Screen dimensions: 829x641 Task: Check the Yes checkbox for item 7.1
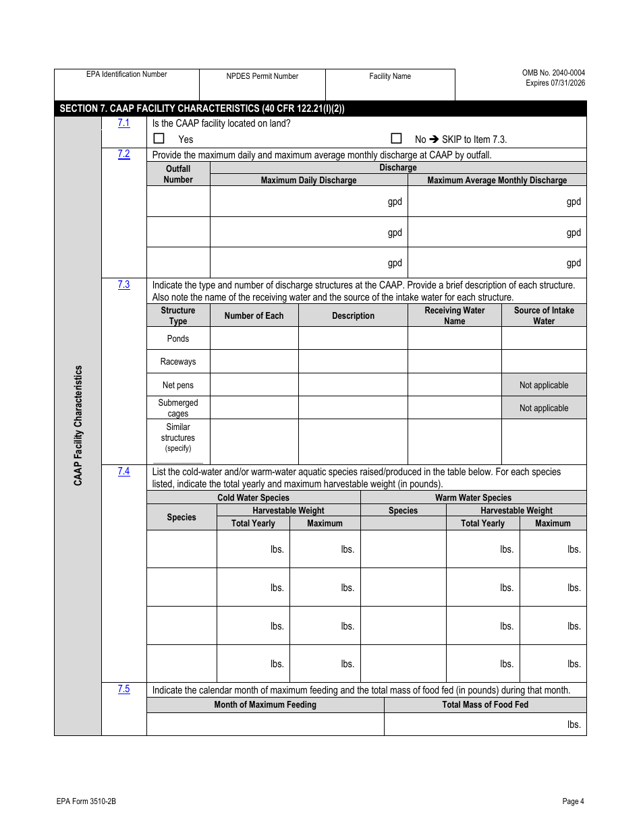point(159,138)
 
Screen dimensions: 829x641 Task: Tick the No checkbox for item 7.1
point(397,138)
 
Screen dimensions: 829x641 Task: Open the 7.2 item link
point(123,154)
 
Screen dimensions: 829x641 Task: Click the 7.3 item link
point(123,284)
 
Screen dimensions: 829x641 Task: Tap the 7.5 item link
point(123,689)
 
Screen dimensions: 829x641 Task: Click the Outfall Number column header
point(178,174)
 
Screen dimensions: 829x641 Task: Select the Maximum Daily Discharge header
point(308,180)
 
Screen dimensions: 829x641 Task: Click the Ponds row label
point(178,338)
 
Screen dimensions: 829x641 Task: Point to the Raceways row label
point(178,361)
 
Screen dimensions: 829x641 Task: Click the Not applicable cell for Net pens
point(544,385)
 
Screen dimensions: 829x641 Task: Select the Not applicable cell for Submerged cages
point(544,408)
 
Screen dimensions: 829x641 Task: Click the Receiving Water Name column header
point(454,315)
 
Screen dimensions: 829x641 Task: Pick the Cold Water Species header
point(253,497)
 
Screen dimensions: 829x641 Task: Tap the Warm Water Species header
point(473,497)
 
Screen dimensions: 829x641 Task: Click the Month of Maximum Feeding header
point(265,704)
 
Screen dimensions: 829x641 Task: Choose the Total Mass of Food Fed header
point(485,704)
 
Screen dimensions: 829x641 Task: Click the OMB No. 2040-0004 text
point(553,73)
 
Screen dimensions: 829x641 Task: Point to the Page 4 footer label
point(573,801)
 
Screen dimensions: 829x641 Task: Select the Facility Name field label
point(390,76)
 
